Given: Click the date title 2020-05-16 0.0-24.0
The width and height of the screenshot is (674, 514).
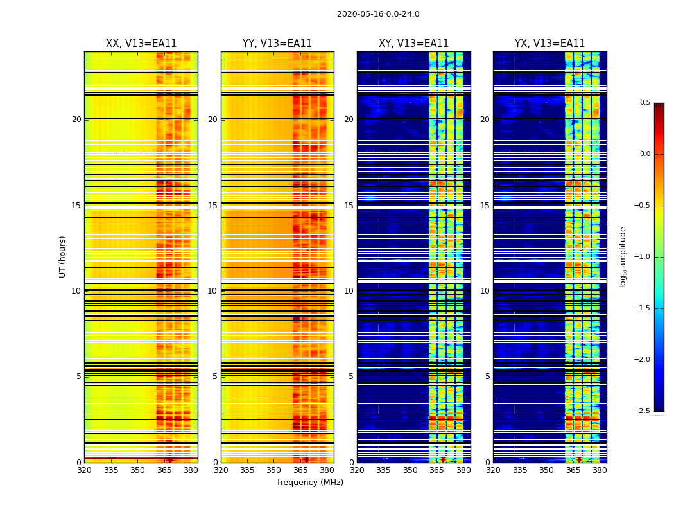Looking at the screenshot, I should (378, 14).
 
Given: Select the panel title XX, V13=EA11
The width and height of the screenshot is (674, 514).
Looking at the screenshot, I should (141, 44).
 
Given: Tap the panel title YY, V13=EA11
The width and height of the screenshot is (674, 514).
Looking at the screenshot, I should (277, 44).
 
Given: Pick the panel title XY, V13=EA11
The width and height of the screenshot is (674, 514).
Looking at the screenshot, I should (413, 44).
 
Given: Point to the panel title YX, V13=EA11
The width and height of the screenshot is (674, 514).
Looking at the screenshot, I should (549, 44).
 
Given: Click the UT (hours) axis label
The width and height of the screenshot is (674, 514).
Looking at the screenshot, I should (63, 256).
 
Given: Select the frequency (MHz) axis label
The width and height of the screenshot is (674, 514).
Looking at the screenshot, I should (310, 483).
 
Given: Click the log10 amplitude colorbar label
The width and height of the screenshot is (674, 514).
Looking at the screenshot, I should (623, 256).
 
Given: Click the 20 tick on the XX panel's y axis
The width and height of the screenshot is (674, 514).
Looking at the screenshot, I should (76, 120).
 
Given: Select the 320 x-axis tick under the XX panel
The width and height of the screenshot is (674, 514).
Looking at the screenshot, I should (84, 470).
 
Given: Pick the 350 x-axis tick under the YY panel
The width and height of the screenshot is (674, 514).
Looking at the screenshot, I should (273, 470).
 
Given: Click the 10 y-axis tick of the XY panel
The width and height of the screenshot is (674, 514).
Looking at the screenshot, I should (349, 291).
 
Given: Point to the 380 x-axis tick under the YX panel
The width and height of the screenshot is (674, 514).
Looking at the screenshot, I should (600, 470).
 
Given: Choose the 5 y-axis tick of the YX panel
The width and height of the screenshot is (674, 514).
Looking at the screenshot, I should (488, 377).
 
